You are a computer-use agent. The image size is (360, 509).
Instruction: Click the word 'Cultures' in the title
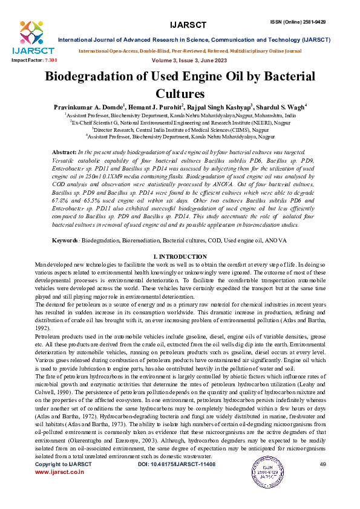tap(180, 93)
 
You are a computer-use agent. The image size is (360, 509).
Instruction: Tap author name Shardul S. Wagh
tap(284, 106)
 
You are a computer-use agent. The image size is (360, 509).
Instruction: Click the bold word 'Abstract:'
tap(65, 151)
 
